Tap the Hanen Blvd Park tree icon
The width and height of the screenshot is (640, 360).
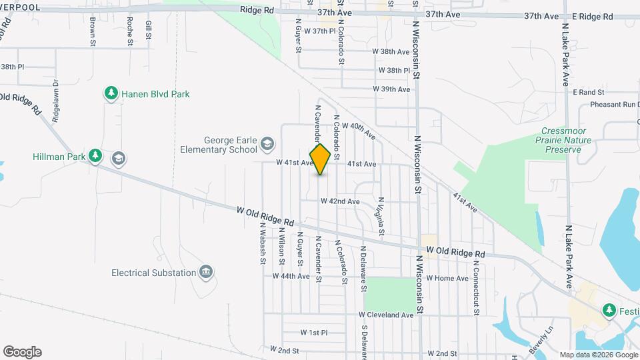click(x=111, y=94)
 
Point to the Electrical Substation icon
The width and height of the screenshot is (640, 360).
click(x=206, y=273)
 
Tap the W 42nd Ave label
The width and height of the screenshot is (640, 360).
click(x=340, y=201)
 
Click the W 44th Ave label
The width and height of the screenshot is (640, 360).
click(x=291, y=276)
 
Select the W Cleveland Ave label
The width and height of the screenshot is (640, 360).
click(x=386, y=315)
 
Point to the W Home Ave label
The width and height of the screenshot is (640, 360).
click(x=447, y=278)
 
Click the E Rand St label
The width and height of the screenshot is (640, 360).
click(x=587, y=92)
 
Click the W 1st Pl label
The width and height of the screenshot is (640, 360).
click(x=314, y=332)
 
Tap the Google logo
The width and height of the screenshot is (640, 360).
click(x=22, y=352)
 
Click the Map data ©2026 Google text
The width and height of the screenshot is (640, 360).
click(x=598, y=355)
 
